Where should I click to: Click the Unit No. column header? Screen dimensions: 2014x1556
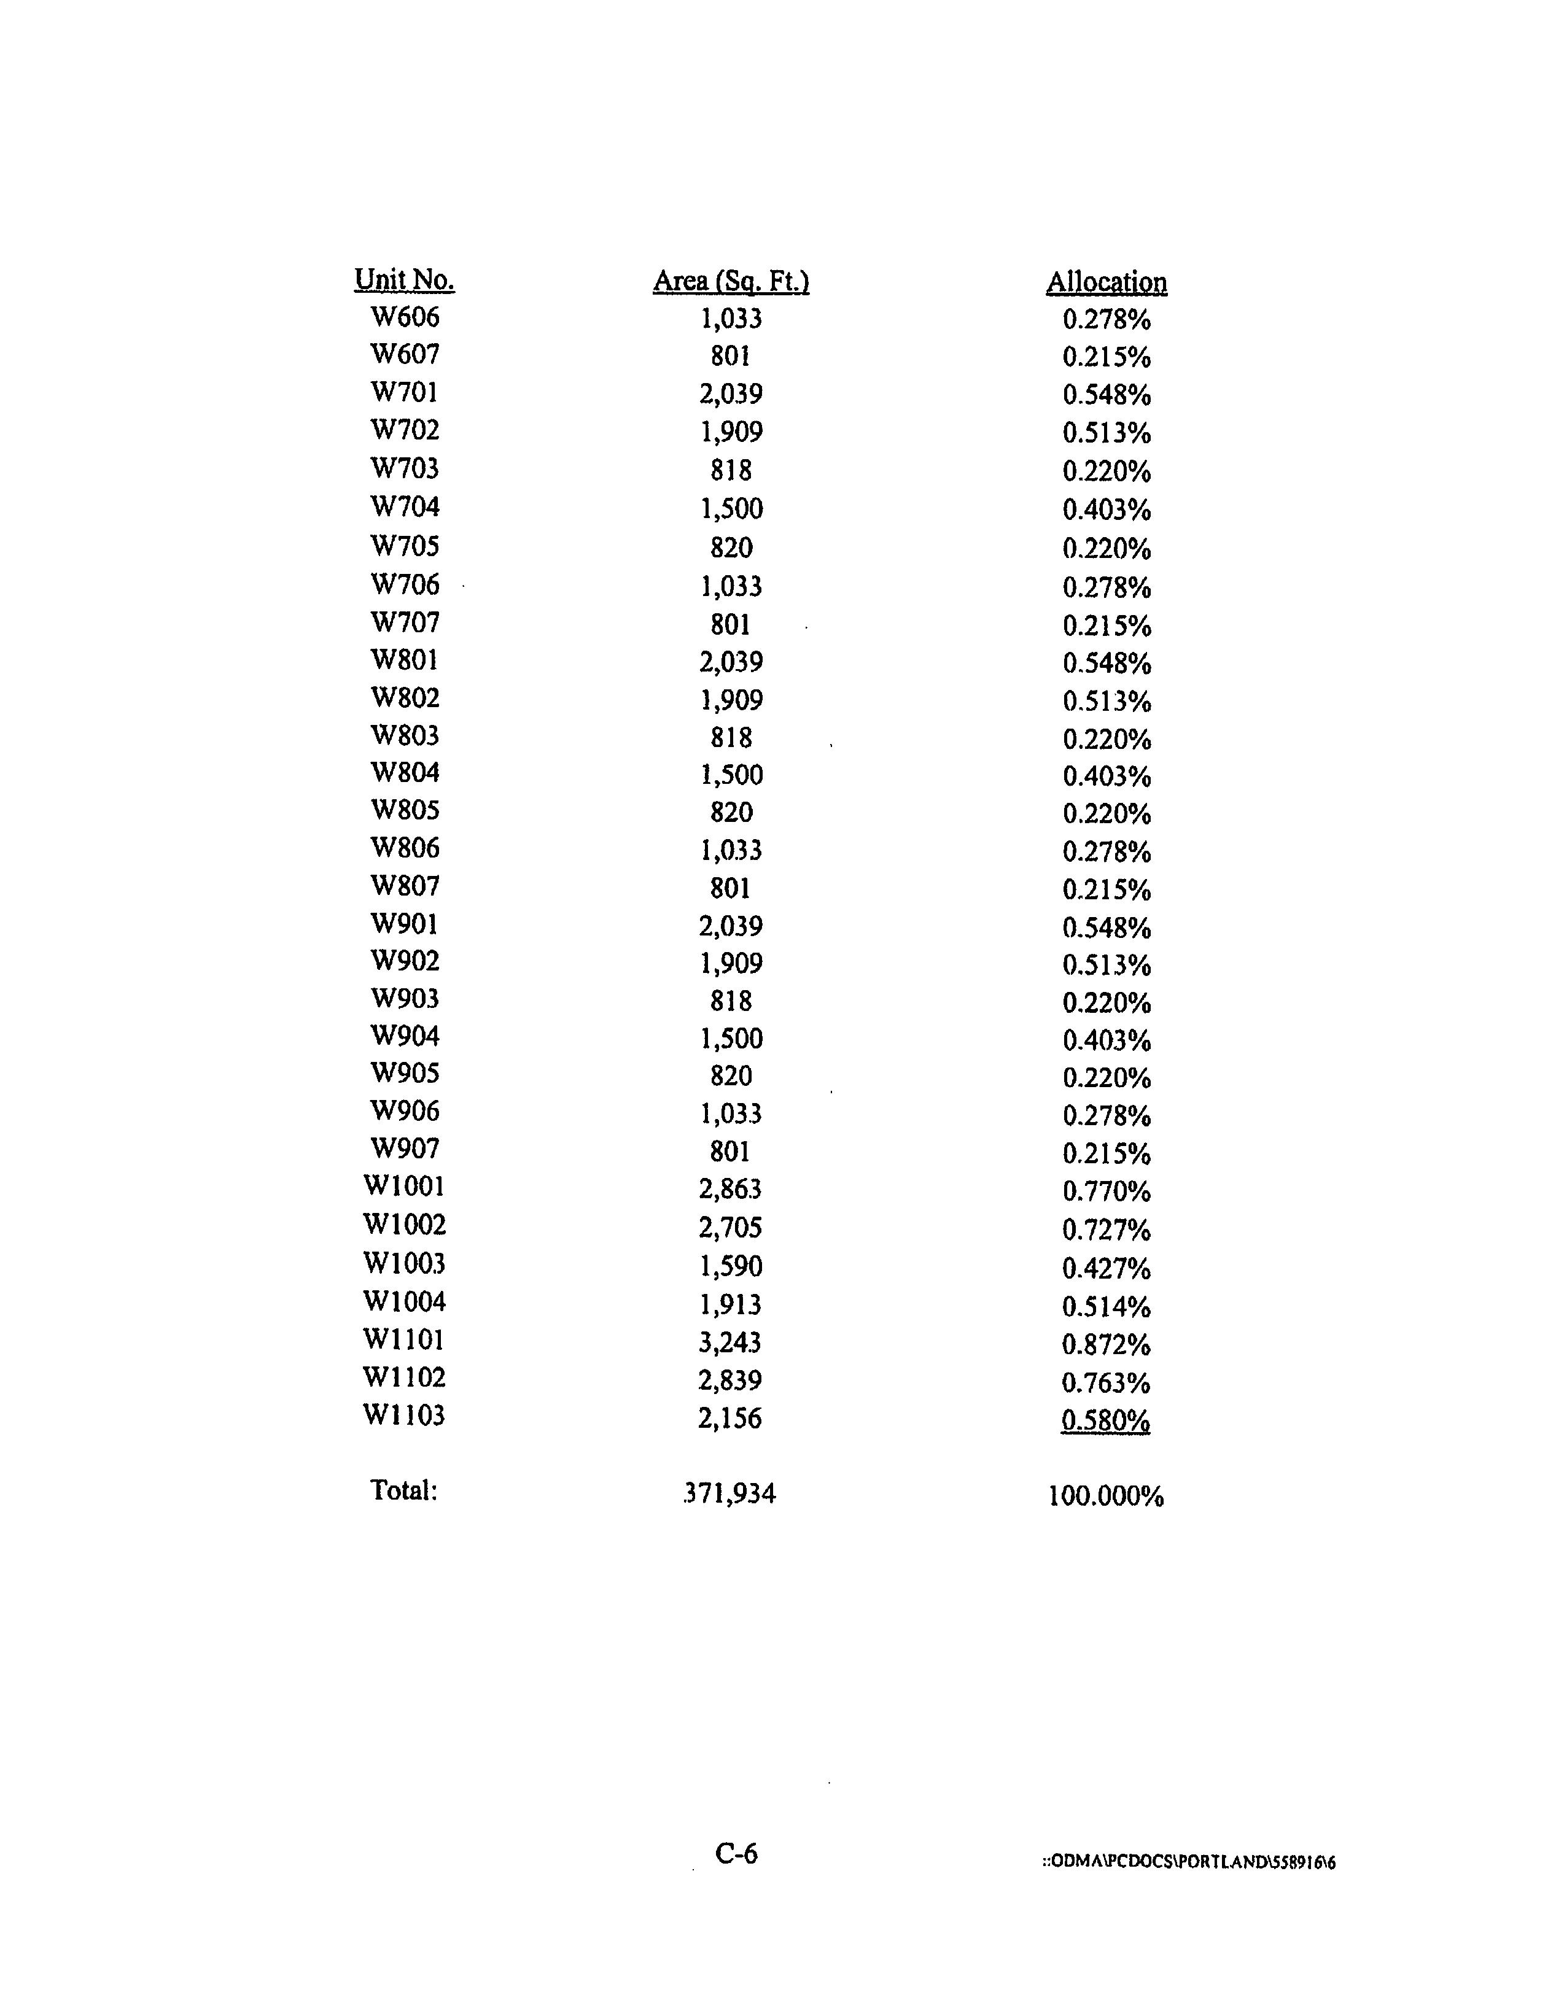404,279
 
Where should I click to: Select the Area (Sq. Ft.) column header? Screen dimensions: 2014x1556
731,281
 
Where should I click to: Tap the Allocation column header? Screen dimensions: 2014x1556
1106,282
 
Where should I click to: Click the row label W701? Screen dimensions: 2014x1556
404,393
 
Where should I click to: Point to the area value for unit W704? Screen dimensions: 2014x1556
731,509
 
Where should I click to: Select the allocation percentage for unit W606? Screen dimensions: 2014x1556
1106,320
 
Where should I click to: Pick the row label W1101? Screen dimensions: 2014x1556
404,1340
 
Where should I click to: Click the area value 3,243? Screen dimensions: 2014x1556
731,1342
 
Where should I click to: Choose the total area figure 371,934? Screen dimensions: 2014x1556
729,1493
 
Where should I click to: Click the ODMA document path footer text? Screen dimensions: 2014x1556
1188,1862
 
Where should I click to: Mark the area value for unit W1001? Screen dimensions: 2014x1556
731,1190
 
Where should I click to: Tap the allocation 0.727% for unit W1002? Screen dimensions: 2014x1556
1106,1230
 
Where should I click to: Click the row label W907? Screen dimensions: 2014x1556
404,1149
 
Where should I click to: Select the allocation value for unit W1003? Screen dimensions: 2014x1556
1106,1269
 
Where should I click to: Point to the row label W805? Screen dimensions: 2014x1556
404,811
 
